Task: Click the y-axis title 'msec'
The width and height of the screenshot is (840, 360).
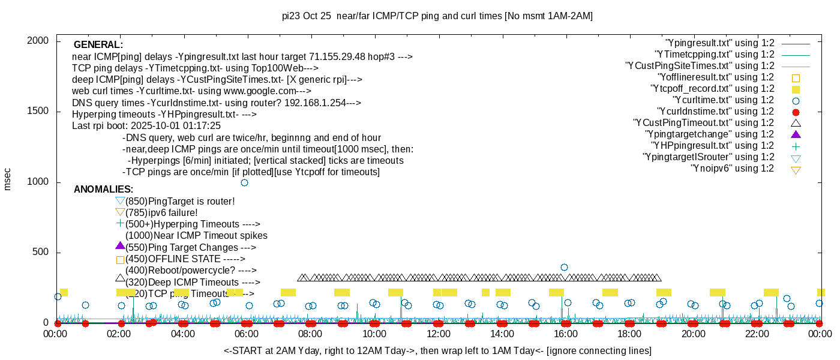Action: pos(7,179)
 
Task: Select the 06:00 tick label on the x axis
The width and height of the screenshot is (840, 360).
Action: pos(247,334)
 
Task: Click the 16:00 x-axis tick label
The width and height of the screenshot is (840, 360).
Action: pos(565,334)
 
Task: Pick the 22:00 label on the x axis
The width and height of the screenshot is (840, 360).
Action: pos(757,334)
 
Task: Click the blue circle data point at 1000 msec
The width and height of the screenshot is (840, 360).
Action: pos(244,182)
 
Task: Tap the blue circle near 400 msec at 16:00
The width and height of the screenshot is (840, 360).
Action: pos(564,267)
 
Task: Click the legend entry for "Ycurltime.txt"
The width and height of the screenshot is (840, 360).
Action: pos(723,100)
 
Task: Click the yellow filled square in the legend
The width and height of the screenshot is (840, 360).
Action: pos(796,89)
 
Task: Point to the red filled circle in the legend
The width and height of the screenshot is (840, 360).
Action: pos(796,112)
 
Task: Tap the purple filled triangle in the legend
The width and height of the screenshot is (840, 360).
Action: pos(796,134)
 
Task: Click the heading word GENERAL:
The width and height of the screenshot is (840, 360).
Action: pos(98,45)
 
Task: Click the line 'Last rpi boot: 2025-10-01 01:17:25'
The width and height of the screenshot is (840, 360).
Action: pos(146,126)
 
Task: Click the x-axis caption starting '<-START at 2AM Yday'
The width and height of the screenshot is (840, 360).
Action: pos(437,350)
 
